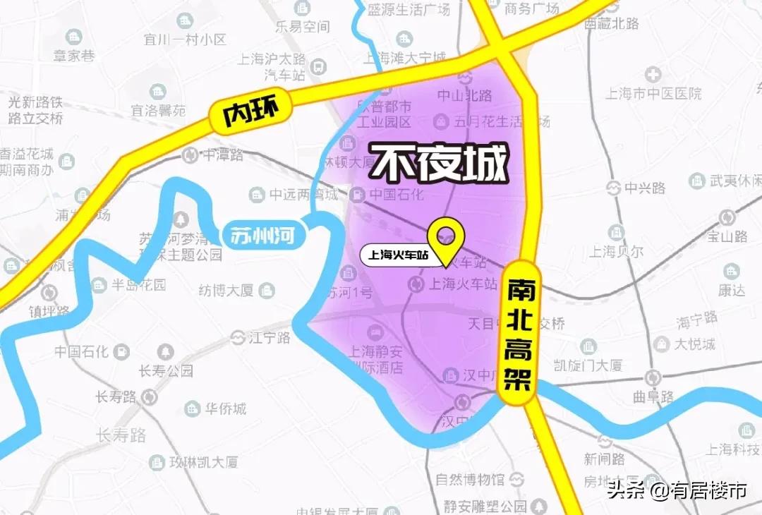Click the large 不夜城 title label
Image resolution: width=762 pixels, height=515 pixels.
[x=440, y=164]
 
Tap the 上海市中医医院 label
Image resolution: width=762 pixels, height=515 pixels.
[x=655, y=93]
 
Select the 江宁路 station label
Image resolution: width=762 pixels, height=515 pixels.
[x=270, y=338]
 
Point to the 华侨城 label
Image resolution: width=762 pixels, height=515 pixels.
[x=225, y=408]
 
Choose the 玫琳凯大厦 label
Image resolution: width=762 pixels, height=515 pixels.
[x=203, y=463]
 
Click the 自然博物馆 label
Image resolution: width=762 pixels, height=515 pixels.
[x=470, y=480]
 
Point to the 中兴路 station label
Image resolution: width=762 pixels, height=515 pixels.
[x=645, y=188]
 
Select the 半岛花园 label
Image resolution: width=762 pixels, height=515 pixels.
[x=140, y=285]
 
